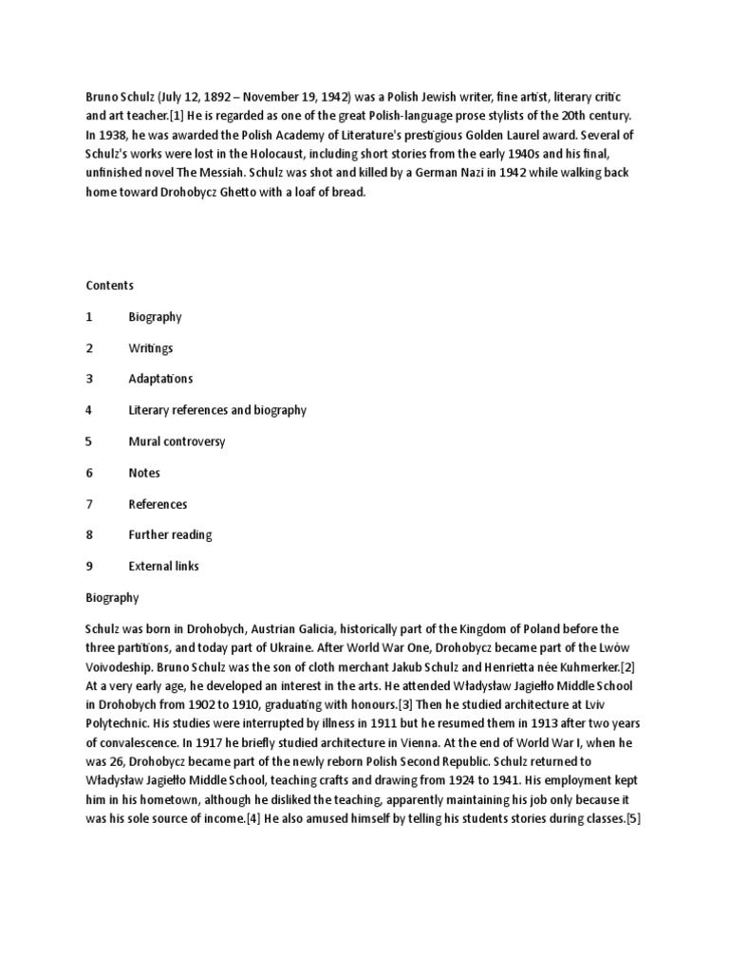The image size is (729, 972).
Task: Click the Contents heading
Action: click(110, 286)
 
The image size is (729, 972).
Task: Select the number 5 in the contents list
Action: click(89, 441)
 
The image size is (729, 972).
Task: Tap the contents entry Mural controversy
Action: click(177, 441)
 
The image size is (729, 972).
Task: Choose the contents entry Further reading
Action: click(170, 534)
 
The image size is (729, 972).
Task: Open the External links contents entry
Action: click(164, 566)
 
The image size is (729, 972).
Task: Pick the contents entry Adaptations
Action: click(160, 379)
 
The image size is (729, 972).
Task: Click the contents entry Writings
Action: click(151, 348)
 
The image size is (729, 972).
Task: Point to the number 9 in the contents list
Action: click(89, 566)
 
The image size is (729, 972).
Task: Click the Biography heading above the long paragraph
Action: click(112, 598)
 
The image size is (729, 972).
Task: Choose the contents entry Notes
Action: click(144, 473)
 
